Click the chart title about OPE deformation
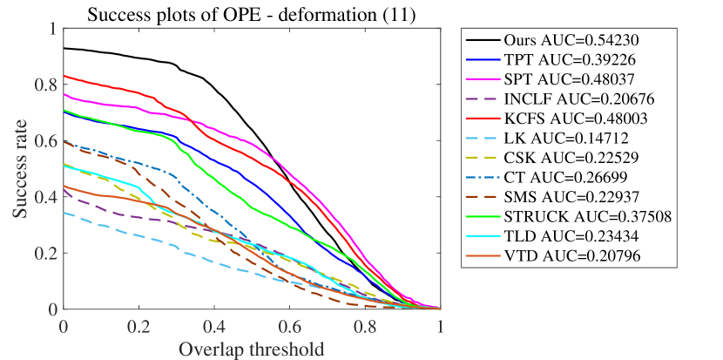coord(252,12)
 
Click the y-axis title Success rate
coord(19,169)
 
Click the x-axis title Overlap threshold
coord(252,349)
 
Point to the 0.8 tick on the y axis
coord(45,85)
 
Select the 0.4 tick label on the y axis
coord(45,197)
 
